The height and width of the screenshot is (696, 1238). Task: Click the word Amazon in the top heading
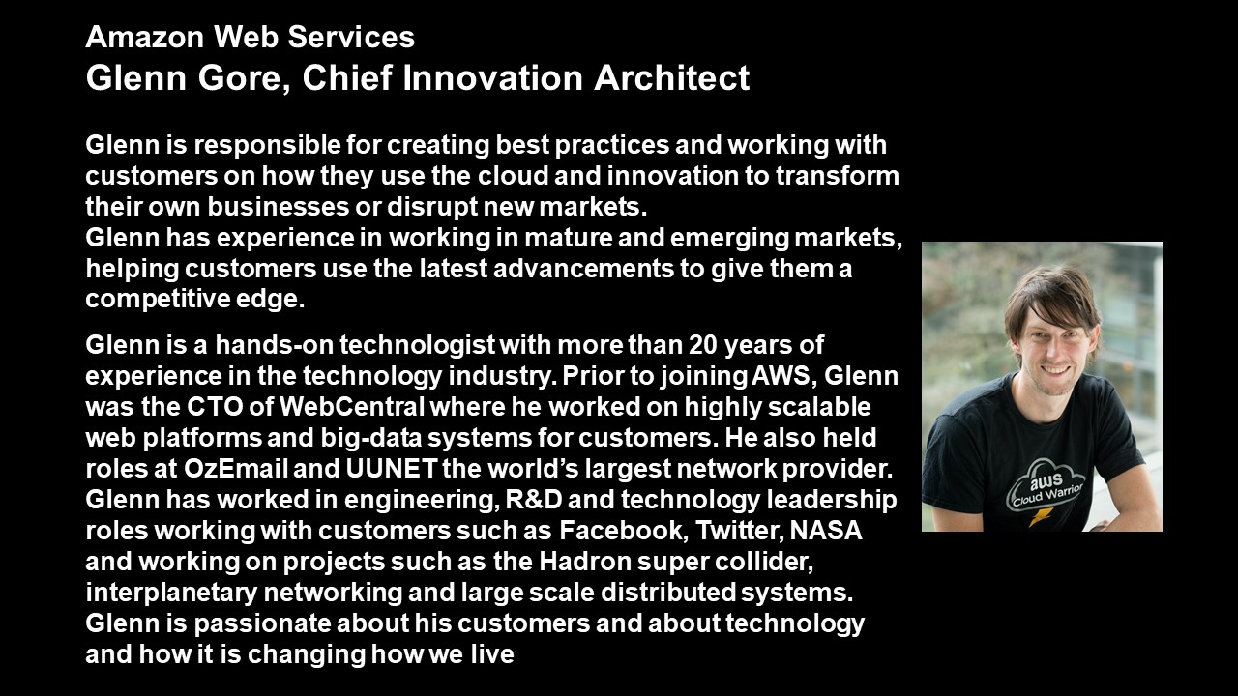(145, 37)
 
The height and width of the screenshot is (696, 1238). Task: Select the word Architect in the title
(671, 77)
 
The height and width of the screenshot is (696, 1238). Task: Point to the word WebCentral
(352, 407)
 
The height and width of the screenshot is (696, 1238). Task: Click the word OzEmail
(235, 469)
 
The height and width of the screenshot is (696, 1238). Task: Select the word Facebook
(622, 531)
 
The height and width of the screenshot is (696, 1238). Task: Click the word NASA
(827, 531)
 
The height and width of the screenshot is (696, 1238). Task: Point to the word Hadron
(585, 562)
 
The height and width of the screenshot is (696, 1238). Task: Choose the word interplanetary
(171, 594)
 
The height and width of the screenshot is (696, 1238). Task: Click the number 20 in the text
(703, 345)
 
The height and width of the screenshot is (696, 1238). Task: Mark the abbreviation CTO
(215, 407)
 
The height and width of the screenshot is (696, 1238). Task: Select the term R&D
(534, 500)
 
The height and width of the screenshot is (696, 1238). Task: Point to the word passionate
(262, 624)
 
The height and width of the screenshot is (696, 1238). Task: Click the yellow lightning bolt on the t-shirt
(1040, 516)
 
